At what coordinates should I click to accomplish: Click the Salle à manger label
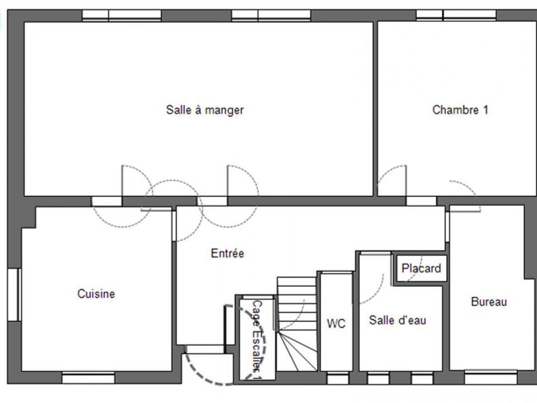(205, 110)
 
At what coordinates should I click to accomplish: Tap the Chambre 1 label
(460, 110)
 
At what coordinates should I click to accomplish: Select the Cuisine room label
(96, 294)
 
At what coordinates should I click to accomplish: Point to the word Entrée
(228, 253)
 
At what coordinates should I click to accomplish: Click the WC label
(336, 324)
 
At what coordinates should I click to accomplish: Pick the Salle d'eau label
(398, 320)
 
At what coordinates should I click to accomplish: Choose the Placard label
(421, 268)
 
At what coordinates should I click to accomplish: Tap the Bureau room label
(489, 302)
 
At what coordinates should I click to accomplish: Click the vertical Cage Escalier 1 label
(257, 340)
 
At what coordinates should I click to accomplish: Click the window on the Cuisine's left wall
(15, 295)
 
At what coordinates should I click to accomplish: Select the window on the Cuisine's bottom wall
(88, 378)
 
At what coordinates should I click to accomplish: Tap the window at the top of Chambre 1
(456, 16)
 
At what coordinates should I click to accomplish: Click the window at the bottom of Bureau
(491, 377)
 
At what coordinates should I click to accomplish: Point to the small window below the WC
(338, 378)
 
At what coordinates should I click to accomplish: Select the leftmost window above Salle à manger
(121, 16)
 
